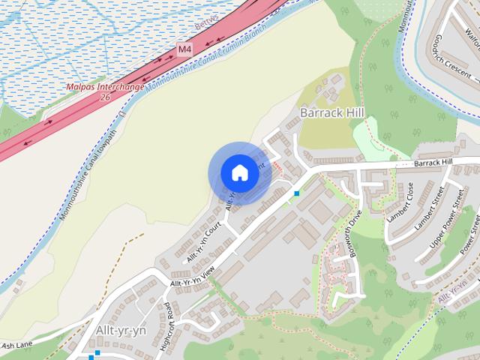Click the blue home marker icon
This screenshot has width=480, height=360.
239,173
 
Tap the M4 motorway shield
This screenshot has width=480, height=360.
184,49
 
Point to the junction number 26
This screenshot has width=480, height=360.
105,97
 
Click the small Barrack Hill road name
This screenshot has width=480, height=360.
433,162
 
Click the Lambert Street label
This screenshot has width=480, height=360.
430,209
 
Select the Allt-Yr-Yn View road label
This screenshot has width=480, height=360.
192,277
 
